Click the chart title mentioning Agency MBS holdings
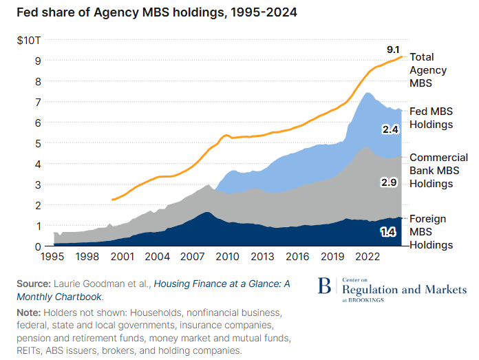(152, 13)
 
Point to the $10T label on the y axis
(30, 40)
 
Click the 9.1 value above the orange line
(393, 50)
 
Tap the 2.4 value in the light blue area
(390, 129)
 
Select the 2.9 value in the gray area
(390, 182)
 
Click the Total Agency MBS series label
(428, 70)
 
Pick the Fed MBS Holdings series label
(432, 118)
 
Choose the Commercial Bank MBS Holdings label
(438, 171)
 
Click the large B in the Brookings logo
(324, 288)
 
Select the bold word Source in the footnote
(32, 284)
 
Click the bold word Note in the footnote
(29, 313)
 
